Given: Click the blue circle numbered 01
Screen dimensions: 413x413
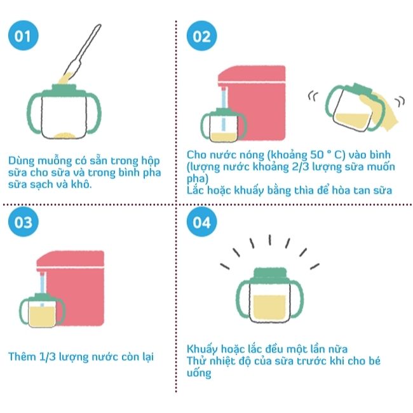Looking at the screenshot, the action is (23, 36).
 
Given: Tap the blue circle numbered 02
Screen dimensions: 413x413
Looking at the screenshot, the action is (202, 36).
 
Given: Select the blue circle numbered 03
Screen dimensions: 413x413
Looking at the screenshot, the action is (23, 222).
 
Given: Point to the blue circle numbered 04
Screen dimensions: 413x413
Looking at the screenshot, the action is (202, 222).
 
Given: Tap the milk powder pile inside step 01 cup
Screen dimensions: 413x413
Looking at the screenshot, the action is (65, 135).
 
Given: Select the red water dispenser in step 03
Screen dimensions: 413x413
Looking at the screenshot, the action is (71, 288).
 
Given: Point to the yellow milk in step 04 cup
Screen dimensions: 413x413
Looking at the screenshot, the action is (269, 307).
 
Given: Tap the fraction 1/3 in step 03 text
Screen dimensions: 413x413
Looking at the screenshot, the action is (48, 357).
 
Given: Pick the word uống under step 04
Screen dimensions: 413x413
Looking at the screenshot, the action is (199, 373).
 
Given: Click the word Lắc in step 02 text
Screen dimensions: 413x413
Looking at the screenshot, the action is (196, 190).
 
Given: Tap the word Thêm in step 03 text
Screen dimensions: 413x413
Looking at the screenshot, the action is (22, 356).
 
